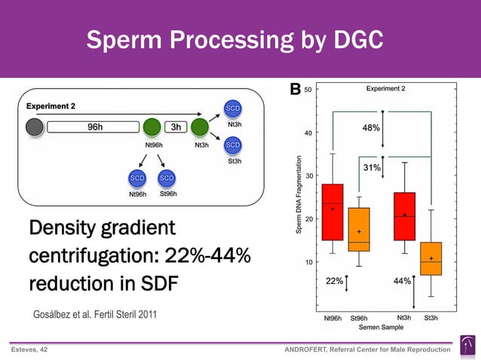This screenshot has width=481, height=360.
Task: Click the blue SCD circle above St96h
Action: point(167,178)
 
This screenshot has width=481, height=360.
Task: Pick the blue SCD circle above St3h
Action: point(233,145)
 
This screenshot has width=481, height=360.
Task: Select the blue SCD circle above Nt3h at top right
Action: point(233,108)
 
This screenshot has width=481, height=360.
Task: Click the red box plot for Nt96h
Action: point(332,212)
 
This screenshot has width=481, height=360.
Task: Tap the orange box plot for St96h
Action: point(359,230)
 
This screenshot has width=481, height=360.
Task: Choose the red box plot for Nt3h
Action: point(404,216)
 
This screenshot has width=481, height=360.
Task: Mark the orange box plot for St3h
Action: point(430,258)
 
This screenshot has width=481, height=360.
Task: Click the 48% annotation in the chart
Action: point(371,128)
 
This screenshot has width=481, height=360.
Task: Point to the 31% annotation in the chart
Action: point(371,167)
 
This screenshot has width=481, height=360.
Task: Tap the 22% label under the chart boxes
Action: point(334,280)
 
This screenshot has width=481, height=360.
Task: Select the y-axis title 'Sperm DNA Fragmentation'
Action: point(299,194)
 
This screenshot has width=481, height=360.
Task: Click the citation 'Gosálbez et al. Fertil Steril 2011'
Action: point(96,314)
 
